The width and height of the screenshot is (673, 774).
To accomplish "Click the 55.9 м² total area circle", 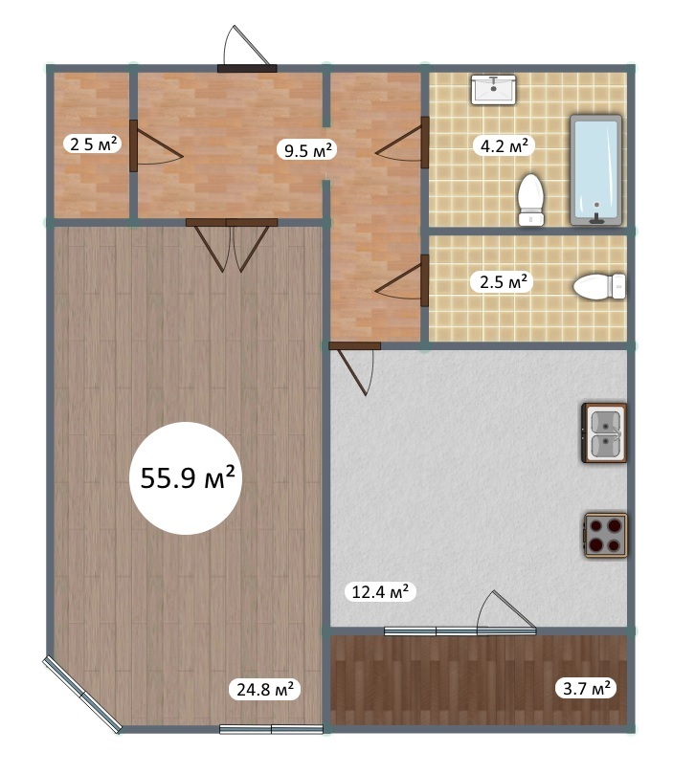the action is coord(186,477).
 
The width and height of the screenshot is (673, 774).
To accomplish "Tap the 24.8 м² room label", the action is coord(265,689).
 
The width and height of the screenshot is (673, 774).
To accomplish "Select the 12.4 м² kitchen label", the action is coord(380,591).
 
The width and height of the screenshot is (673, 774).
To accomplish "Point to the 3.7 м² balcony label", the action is coord(587,688).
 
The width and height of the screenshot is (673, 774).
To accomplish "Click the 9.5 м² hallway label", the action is coord(307,149).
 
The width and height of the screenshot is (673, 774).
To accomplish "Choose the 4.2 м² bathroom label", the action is coord(505,145).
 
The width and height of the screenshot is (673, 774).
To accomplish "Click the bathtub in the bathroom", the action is coord(595,170).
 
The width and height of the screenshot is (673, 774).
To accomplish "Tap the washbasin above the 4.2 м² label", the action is coord(493,89).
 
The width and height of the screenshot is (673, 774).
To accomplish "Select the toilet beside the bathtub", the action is coord(530,199).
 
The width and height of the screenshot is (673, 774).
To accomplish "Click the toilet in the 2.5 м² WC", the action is coord(599,286).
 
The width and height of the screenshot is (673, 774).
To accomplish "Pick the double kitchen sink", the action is coord(604,432).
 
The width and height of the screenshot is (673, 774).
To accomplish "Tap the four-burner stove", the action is coord(606,536).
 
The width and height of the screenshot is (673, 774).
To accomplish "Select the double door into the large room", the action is coord(232,245).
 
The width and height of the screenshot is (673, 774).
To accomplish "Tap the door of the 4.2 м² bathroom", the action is coord(402,143).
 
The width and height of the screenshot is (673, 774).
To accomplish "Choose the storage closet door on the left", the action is coord(155,146).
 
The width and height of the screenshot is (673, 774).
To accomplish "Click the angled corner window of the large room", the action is coord(82,694).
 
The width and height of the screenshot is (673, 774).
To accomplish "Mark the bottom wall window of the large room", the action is coord(271,729).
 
